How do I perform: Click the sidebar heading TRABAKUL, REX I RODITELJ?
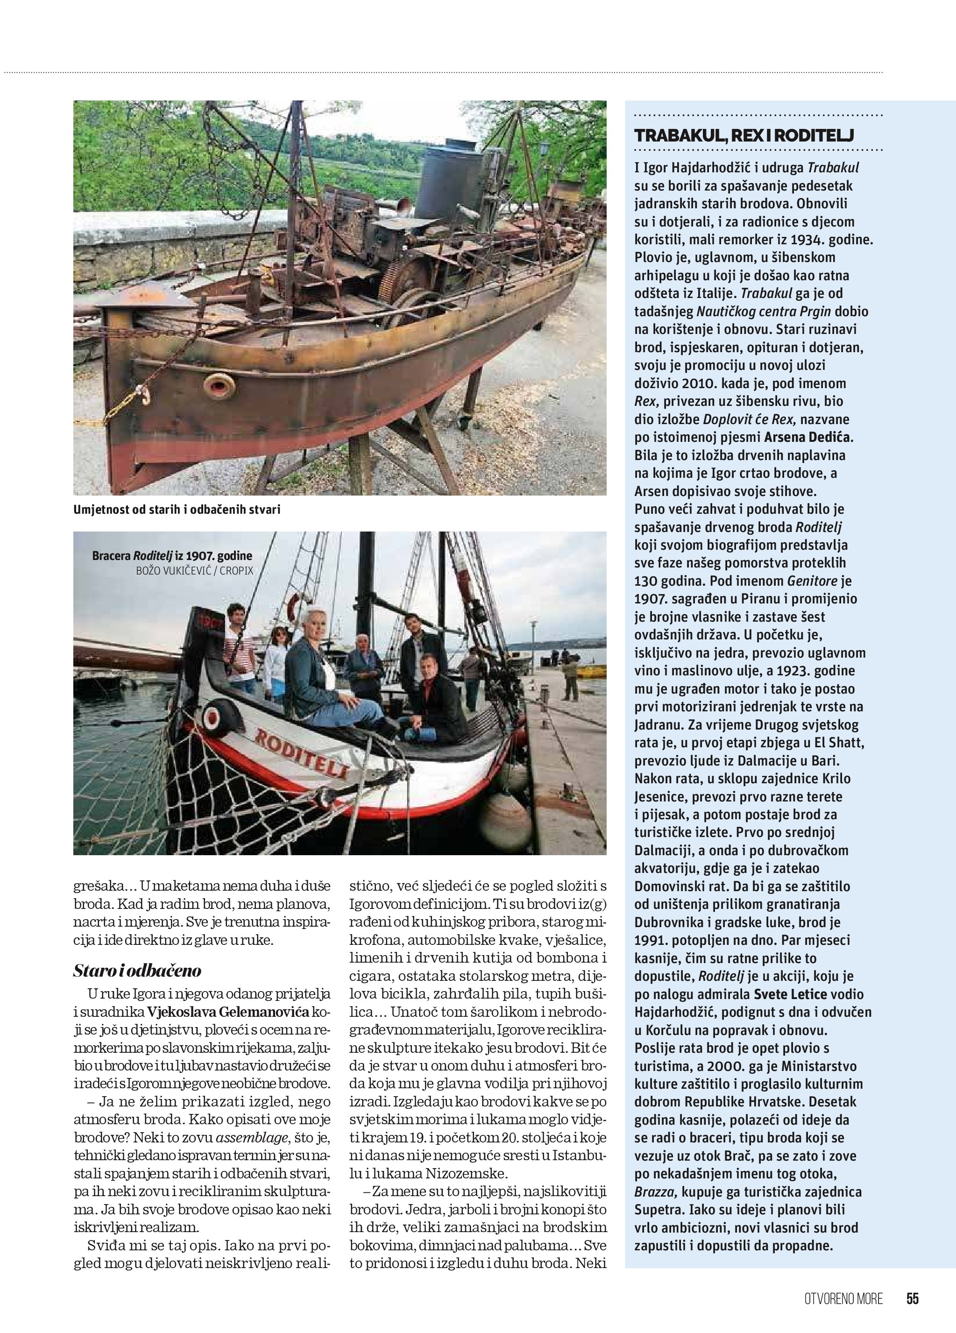[744, 136]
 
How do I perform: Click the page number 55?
[912, 1298]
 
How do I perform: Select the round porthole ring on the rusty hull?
[218, 386]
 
